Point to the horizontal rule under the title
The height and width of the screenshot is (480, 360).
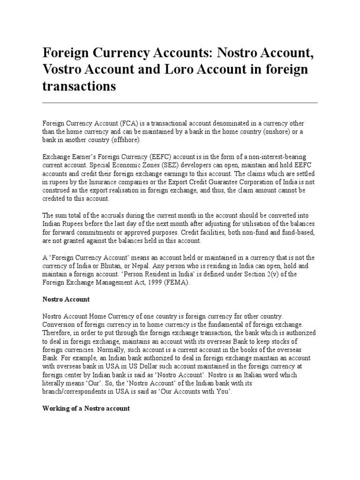180,102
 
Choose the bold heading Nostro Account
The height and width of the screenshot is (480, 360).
66,299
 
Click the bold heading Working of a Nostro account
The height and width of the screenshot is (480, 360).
86,408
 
